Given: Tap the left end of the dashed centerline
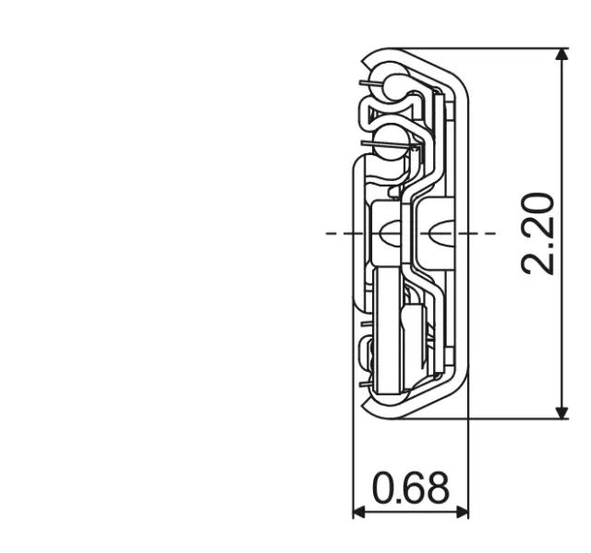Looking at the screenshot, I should [329, 233].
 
